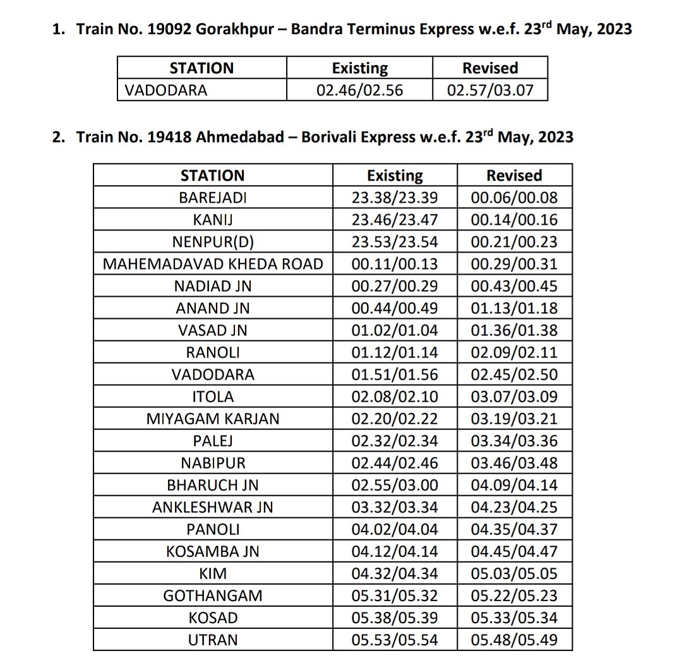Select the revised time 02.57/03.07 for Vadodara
pos(490,90)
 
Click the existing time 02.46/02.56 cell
pos(359,90)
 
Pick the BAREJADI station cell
pos(213,198)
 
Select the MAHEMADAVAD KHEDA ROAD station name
pos(213,264)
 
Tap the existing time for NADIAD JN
pos(395,286)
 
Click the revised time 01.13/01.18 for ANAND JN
pos(514,308)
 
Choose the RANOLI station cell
pos(213,352)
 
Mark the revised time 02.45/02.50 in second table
pos(514,374)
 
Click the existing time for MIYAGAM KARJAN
pos(395,419)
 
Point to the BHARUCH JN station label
pos(213,485)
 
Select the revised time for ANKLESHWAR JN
pos(514,507)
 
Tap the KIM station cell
pos(213,573)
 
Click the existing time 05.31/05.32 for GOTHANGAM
pos(395,595)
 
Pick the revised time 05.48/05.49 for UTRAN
pos(514,640)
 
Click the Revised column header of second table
pos(514,175)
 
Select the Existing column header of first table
pos(359,68)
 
